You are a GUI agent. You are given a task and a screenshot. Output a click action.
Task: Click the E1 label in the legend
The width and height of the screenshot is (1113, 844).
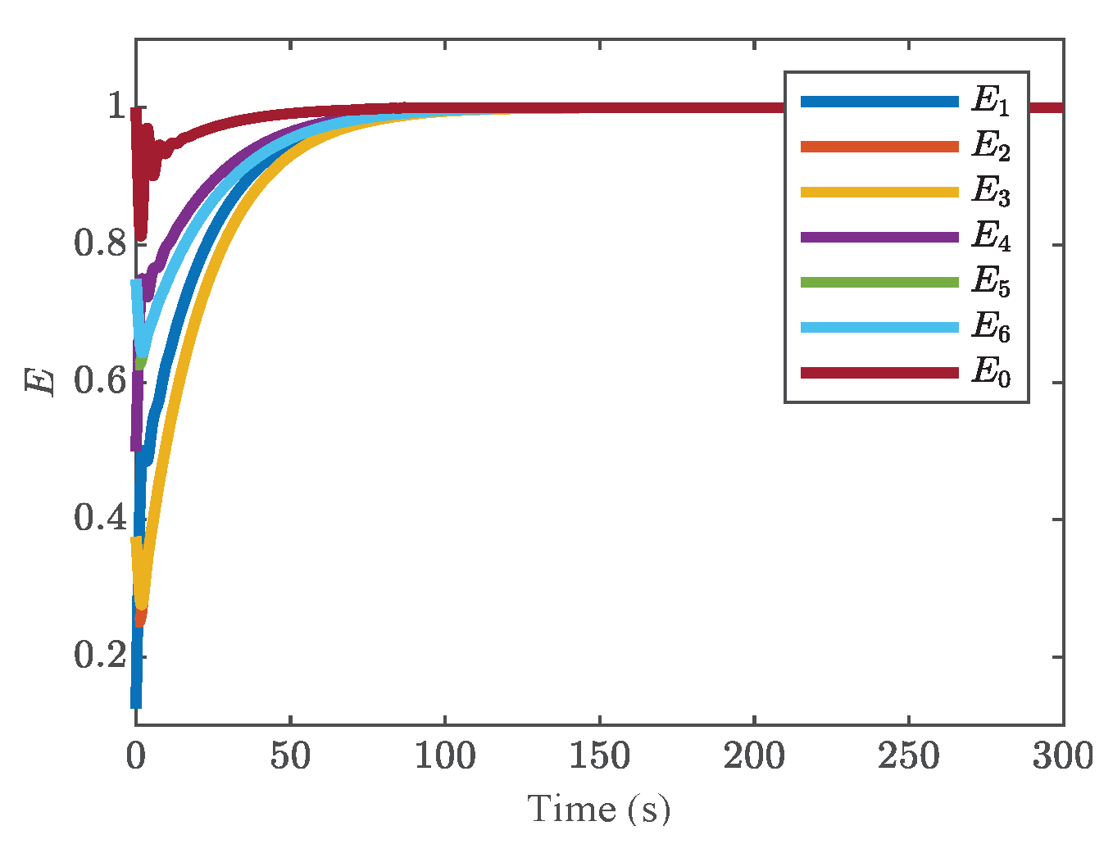[x=990, y=102]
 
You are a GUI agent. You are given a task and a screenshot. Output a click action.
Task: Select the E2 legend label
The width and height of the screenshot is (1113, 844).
[x=990, y=147]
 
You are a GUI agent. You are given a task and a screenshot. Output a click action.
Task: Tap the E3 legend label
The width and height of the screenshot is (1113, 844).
[x=990, y=192]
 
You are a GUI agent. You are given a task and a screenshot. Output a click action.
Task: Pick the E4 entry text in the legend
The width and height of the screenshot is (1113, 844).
[x=990, y=237]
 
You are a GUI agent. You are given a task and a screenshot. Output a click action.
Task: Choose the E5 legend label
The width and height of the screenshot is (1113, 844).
[x=990, y=283]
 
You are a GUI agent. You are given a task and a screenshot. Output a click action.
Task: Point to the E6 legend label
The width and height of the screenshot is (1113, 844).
[x=990, y=328]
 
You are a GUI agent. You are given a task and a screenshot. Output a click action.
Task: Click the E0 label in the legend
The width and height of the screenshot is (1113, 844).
[x=990, y=373]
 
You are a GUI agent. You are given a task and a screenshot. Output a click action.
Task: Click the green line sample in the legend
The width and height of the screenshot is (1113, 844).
[x=879, y=283]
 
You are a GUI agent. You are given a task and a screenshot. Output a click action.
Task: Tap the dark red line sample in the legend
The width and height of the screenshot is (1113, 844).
[x=879, y=373]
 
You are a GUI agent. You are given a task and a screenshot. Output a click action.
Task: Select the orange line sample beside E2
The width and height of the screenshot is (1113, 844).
[x=879, y=147]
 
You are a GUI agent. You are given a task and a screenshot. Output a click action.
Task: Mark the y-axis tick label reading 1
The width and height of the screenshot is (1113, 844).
[x=116, y=107]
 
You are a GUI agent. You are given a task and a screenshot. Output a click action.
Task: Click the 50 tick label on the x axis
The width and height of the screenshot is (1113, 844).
[x=290, y=756]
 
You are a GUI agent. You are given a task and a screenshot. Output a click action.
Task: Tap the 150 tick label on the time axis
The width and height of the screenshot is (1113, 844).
[x=599, y=756]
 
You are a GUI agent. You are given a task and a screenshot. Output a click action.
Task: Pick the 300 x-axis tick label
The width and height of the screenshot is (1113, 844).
[x=1062, y=756]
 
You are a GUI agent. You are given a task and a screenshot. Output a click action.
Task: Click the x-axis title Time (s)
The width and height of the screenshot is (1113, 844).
[x=599, y=810]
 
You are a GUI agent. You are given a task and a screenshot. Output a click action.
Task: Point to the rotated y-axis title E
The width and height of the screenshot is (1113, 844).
[x=39, y=382]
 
